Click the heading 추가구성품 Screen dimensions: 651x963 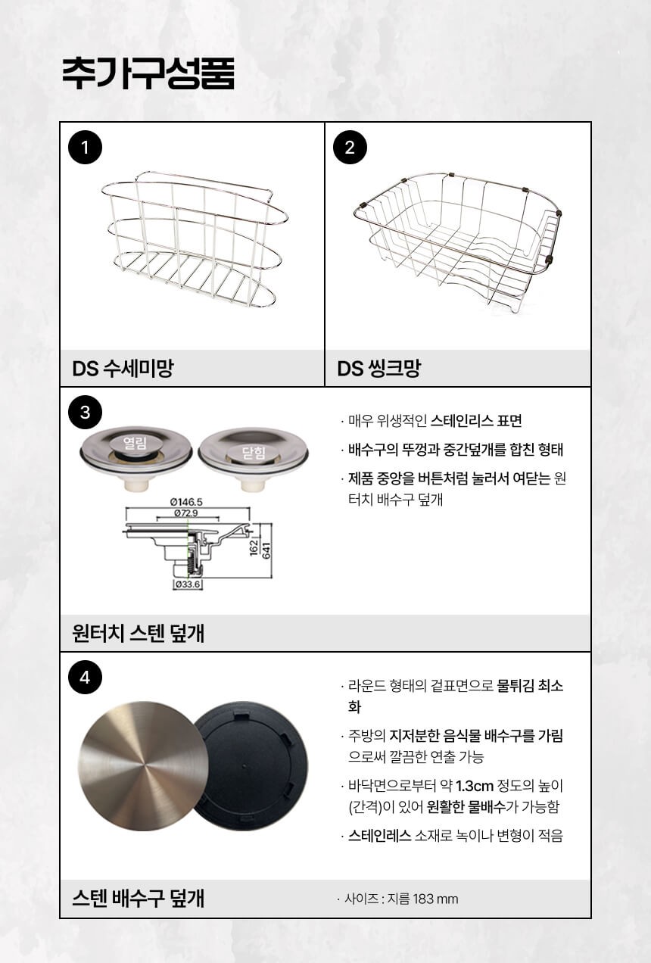pyautogui.click(x=148, y=73)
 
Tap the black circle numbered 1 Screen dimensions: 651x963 pyautogui.click(x=85, y=148)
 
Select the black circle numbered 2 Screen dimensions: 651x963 pyautogui.click(x=350, y=148)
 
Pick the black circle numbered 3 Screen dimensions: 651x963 pyautogui.click(x=85, y=413)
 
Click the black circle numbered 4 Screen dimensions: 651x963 pyautogui.click(x=85, y=678)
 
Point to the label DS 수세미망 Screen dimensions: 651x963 pyautogui.click(x=123, y=369)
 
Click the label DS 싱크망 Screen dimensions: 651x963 pyautogui.click(x=378, y=369)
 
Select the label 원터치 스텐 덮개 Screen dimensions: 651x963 pyautogui.click(x=138, y=633)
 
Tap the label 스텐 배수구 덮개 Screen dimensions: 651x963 pyautogui.click(x=138, y=899)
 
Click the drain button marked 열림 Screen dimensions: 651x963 pyautogui.click(x=135, y=443)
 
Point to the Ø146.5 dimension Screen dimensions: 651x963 pyautogui.click(x=186, y=502)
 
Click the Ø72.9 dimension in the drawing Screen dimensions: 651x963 pyautogui.click(x=186, y=513)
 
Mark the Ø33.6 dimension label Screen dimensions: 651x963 pyautogui.click(x=188, y=584)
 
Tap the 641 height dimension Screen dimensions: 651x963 pyautogui.click(x=266, y=550)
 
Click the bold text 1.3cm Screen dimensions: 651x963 pyautogui.click(x=475, y=787)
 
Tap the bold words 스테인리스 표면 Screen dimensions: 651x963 pyautogui.click(x=476, y=420)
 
